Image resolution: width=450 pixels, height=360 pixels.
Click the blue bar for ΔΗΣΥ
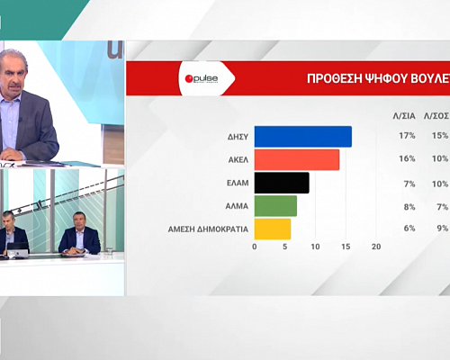coord(302,137)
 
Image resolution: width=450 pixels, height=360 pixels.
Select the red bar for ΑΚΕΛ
coord(297,160)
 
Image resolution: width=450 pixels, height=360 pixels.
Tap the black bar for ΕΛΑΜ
coord(282,184)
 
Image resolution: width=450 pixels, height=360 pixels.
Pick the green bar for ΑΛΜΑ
coord(275,206)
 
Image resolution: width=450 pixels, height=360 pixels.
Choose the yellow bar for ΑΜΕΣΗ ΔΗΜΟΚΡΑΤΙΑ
coord(273,229)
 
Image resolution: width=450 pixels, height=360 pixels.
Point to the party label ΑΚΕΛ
coord(238,160)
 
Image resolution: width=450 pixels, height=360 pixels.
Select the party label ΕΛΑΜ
coord(238,184)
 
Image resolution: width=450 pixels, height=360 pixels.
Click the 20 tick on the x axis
coord(376,247)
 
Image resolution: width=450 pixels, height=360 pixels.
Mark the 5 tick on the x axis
coord(285,247)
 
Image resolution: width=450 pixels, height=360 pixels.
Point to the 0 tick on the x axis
coord(255,247)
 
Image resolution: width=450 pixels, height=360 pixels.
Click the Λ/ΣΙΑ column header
coord(405,114)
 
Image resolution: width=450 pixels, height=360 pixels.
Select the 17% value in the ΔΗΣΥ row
coord(405,137)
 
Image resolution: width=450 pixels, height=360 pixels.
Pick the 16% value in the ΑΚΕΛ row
coord(405,160)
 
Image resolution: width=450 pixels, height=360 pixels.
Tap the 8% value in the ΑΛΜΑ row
coord(407,206)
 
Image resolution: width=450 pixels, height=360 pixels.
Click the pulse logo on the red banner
coord(207,79)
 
